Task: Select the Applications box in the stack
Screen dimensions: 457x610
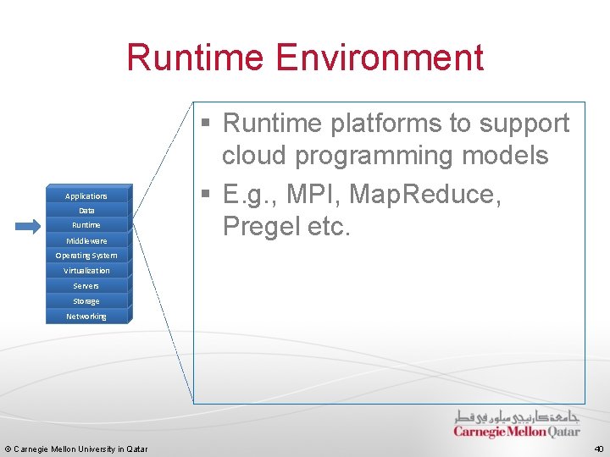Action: [x=86, y=195]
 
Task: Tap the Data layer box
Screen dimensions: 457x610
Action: [x=86, y=210]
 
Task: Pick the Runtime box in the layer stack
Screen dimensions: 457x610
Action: [x=86, y=225]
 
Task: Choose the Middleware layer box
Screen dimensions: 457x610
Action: [x=86, y=240]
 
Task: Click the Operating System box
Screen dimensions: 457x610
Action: [x=86, y=256]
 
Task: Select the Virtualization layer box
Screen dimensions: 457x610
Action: [x=86, y=271]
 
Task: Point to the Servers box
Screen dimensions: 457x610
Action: [x=86, y=286]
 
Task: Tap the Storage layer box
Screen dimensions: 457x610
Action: [x=86, y=301]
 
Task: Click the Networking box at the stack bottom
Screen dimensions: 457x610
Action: [x=86, y=317]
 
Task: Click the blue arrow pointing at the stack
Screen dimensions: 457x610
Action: [x=27, y=226]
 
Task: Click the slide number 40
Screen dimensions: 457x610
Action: [x=598, y=449]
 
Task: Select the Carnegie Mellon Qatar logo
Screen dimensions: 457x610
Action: [x=516, y=424]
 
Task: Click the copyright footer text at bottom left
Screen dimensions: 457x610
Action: [x=76, y=449]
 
